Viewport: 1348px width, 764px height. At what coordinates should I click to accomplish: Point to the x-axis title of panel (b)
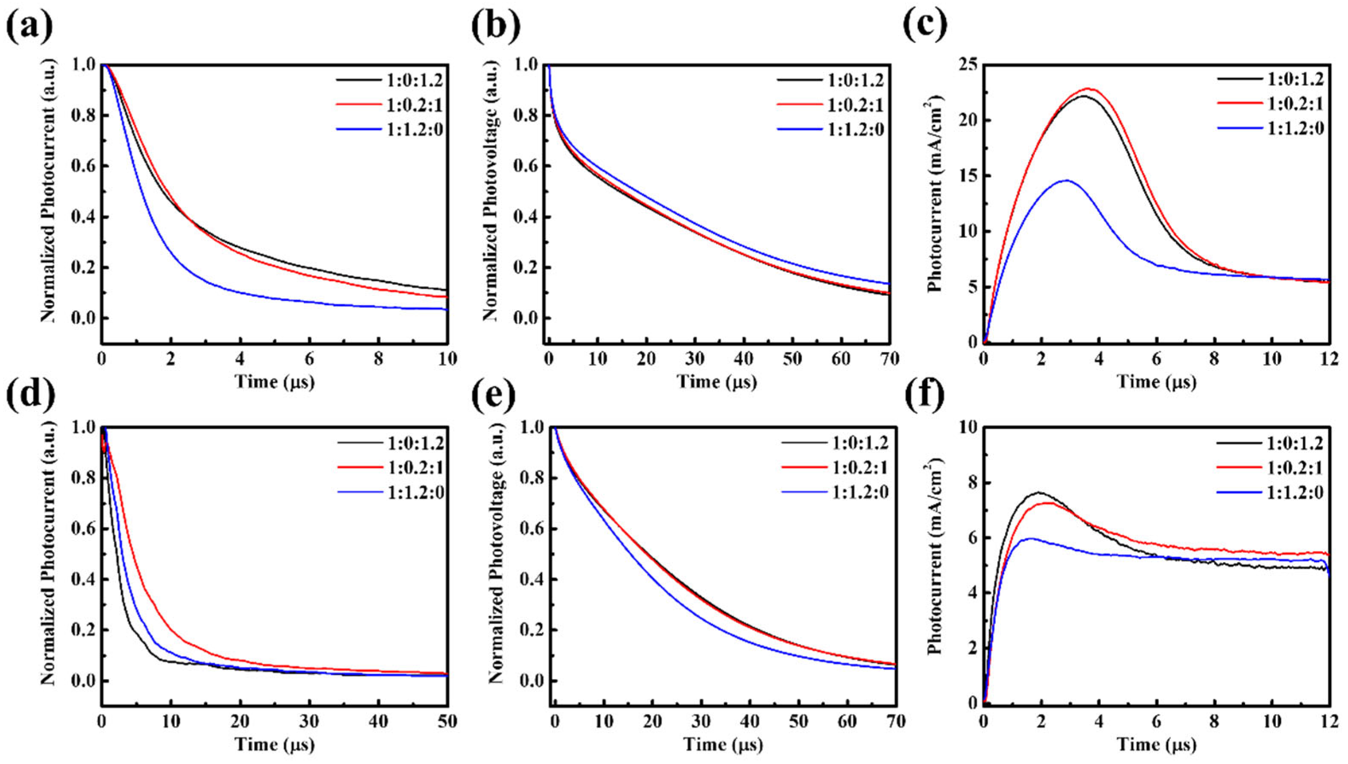click(x=717, y=382)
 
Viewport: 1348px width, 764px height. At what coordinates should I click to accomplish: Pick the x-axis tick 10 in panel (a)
click(x=447, y=359)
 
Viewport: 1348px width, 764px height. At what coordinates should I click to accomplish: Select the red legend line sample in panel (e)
click(x=802, y=467)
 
